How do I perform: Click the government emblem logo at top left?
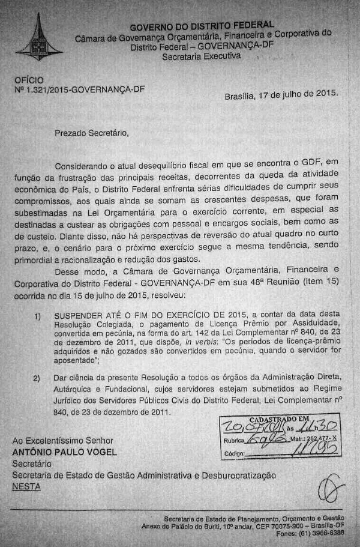click(39, 39)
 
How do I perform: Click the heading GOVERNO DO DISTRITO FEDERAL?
click(202, 26)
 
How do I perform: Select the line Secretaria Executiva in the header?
click(201, 56)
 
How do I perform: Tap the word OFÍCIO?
click(28, 79)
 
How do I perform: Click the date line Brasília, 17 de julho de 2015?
click(281, 95)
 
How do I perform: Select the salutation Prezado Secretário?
click(91, 133)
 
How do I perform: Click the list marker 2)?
click(37, 378)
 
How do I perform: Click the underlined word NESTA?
click(26, 486)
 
